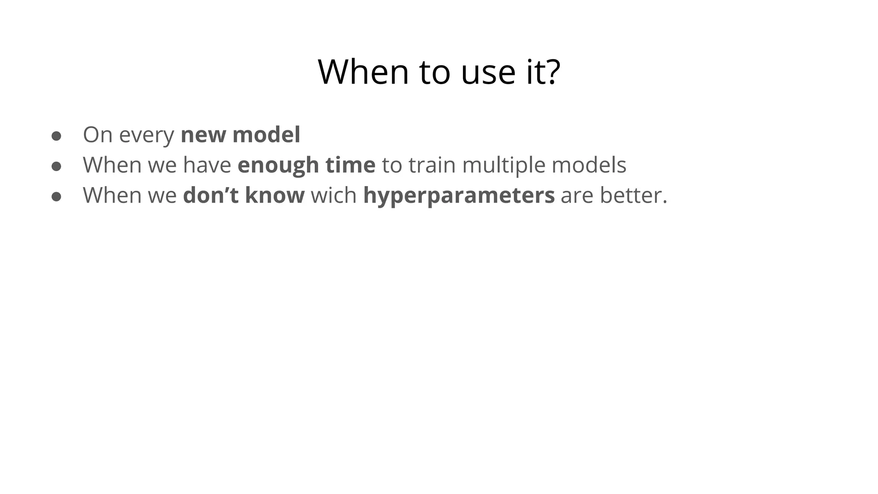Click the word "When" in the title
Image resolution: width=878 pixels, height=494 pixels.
(x=363, y=72)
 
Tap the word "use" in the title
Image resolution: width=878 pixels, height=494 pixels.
(x=488, y=72)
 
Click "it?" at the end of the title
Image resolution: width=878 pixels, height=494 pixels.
(x=543, y=72)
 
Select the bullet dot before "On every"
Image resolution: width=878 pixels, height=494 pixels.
(x=56, y=136)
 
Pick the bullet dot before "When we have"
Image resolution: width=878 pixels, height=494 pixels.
(x=56, y=166)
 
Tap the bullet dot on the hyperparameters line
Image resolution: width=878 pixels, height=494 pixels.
(x=56, y=196)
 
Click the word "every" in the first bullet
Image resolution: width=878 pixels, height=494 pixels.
(x=147, y=135)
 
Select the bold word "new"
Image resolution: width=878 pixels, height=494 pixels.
(x=204, y=135)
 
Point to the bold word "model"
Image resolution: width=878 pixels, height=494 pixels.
(x=266, y=135)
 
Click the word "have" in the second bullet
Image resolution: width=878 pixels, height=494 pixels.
(x=207, y=165)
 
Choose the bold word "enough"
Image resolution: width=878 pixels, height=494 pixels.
(x=278, y=166)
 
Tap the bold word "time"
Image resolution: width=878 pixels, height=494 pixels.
(x=350, y=165)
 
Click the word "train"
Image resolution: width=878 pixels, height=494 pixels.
(x=432, y=165)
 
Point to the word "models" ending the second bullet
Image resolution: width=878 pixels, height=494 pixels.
(x=589, y=165)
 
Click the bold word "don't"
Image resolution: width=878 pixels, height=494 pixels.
(x=210, y=195)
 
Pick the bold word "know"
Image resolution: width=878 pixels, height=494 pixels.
(x=275, y=195)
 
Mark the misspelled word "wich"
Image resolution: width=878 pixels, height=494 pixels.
(x=334, y=195)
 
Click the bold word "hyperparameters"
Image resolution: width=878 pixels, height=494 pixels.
(x=459, y=196)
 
